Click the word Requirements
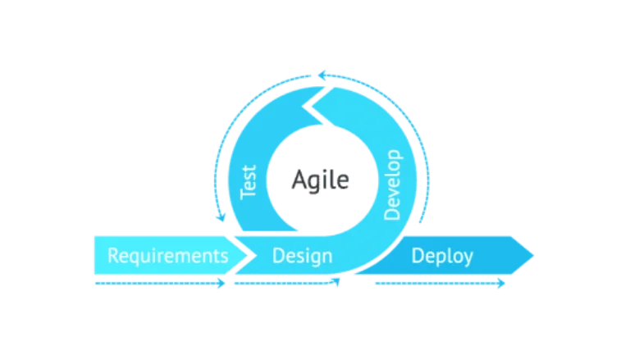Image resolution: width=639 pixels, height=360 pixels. (x=167, y=255)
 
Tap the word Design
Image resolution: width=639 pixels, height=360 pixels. (x=302, y=256)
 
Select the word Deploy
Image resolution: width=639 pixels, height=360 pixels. (x=441, y=256)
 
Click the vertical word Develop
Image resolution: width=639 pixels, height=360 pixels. (x=392, y=184)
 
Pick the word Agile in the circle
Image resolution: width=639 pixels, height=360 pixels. (x=321, y=180)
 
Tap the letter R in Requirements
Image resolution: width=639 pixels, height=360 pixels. (x=113, y=255)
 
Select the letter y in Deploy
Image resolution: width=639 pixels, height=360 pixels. (x=468, y=258)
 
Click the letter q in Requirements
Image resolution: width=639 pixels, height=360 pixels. (x=136, y=257)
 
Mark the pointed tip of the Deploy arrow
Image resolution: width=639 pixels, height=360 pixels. (x=536, y=256)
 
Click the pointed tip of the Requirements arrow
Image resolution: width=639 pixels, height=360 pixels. (x=246, y=255)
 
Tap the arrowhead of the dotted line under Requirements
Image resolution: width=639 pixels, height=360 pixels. (x=222, y=283)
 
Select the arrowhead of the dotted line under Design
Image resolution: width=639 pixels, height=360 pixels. (x=336, y=283)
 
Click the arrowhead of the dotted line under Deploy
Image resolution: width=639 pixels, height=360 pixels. (x=503, y=283)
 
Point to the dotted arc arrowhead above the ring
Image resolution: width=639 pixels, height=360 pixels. (x=321, y=76)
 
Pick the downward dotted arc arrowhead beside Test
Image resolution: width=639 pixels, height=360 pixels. (x=217, y=217)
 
